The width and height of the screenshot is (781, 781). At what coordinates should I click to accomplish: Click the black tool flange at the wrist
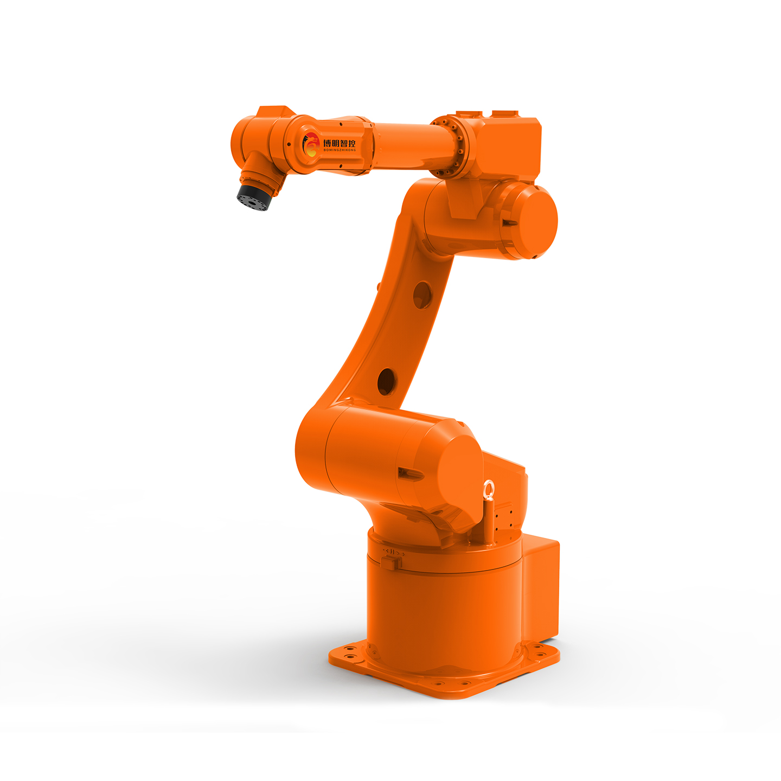pyautogui.click(x=252, y=199)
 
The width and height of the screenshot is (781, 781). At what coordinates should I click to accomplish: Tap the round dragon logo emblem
pyautogui.click(x=311, y=144)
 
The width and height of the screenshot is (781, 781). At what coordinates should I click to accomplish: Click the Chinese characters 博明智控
pyautogui.click(x=339, y=143)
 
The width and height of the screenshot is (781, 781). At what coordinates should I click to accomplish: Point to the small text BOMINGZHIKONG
pyautogui.click(x=339, y=150)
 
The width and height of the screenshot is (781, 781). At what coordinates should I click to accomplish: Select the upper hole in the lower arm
pyautogui.click(x=422, y=295)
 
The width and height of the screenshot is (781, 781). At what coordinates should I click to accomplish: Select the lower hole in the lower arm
pyautogui.click(x=386, y=381)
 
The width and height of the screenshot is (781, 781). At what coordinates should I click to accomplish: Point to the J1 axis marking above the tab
pyautogui.click(x=393, y=552)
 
